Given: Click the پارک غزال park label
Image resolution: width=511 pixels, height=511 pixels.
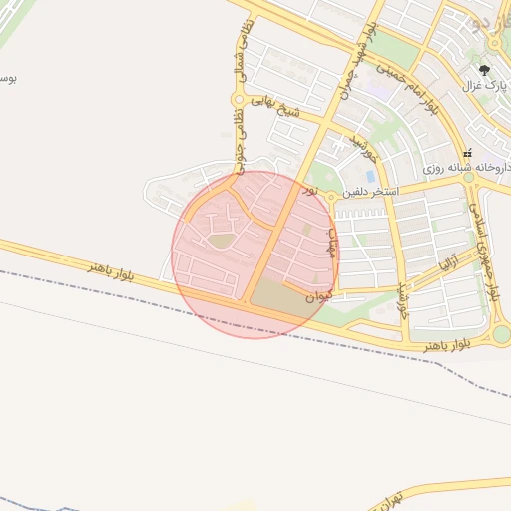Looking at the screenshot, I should (x=479, y=86).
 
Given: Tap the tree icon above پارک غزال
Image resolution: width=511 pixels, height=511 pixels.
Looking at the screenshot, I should (x=485, y=70).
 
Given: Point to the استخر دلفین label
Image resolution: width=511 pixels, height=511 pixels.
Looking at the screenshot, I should (x=371, y=190).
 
